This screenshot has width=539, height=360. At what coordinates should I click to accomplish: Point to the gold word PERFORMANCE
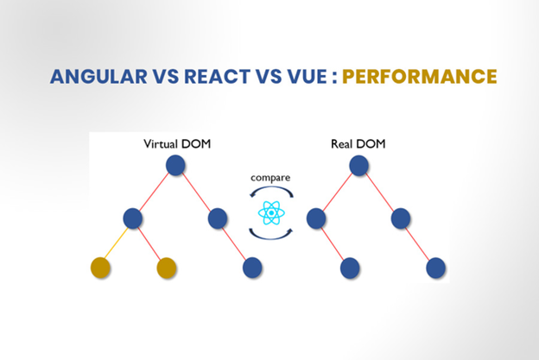(420, 76)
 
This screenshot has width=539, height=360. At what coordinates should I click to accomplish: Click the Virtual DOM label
(177, 143)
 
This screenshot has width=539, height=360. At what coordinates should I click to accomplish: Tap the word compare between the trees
(270, 177)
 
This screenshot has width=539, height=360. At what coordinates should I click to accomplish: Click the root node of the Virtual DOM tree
(176, 165)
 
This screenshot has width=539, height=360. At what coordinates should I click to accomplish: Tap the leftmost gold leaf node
(100, 268)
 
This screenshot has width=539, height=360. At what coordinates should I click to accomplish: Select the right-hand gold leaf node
(168, 268)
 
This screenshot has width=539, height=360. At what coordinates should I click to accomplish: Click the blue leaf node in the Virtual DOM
(252, 268)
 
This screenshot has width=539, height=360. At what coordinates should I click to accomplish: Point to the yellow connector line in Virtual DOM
(117, 243)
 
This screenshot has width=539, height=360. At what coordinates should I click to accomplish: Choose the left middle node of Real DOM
(316, 218)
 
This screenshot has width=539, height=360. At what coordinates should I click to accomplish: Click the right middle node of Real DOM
(399, 218)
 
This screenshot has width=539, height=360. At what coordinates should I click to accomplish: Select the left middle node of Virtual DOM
(133, 218)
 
